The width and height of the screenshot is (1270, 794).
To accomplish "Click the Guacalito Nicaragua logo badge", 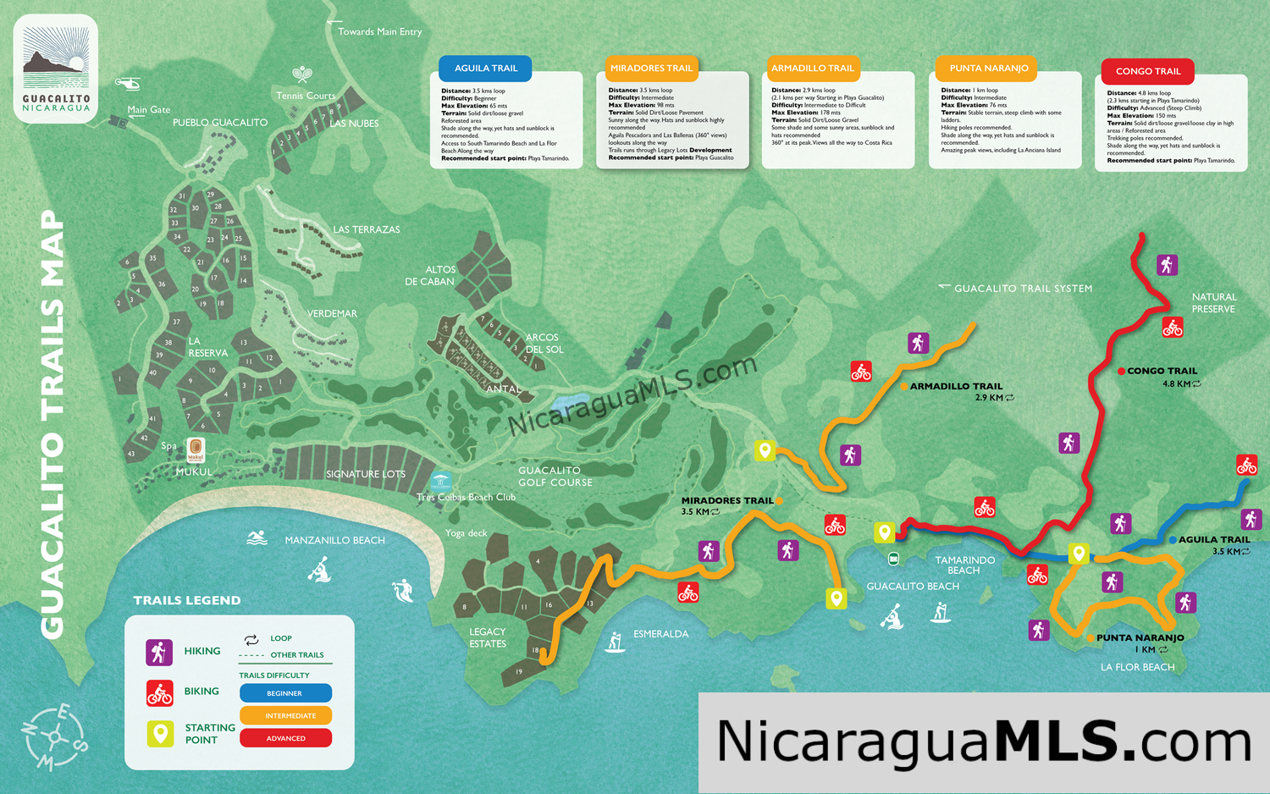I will click(56, 69).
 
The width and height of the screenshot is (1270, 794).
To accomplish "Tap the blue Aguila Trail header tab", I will click(485, 69).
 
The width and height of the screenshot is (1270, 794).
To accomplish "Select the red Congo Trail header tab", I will click(1147, 71).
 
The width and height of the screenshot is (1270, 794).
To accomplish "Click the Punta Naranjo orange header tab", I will click(988, 69).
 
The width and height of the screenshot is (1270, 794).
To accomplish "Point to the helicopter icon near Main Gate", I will click(128, 83).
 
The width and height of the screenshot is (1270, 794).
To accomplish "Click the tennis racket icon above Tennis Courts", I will click(302, 75).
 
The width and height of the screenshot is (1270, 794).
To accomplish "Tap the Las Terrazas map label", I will click(366, 229).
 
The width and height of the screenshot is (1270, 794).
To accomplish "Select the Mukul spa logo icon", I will click(196, 449).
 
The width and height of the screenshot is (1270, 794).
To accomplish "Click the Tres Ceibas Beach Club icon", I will click(440, 482).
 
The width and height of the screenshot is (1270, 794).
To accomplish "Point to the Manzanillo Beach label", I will click(334, 540).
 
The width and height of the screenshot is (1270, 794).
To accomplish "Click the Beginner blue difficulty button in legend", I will click(285, 693).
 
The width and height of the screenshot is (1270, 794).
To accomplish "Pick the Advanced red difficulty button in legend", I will click(285, 738).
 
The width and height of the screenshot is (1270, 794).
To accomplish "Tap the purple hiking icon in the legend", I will click(159, 652).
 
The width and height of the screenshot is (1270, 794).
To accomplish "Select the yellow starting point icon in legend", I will click(160, 733).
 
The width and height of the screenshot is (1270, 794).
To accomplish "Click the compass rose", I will click(54, 737).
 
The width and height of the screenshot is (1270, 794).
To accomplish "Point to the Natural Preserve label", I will click(1214, 303).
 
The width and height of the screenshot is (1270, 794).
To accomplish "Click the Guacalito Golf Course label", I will click(555, 477).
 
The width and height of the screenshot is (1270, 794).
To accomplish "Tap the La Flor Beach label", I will click(1137, 667).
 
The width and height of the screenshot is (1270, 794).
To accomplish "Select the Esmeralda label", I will click(660, 634).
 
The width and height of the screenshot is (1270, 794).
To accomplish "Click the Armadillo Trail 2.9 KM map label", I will click(956, 391).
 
